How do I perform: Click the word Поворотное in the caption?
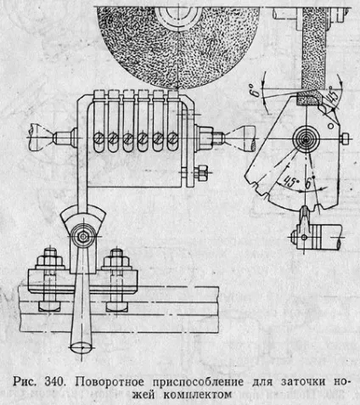110,382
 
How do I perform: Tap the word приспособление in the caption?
198,382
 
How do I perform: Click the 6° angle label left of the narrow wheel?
257,91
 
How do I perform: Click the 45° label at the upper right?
332,97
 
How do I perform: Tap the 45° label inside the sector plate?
290,181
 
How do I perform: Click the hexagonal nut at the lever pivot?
82,236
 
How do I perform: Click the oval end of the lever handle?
82,346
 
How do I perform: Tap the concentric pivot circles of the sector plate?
307,139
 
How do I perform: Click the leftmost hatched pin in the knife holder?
98,138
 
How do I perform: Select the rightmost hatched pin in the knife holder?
172,138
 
